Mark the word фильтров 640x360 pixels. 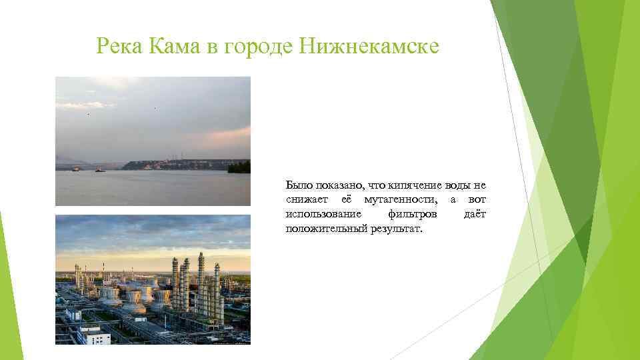(x=413, y=214)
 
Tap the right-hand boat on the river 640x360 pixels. (x=100, y=170)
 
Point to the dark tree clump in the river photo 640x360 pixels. (x=239, y=167)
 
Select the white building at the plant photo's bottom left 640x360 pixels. (x=93, y=335)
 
